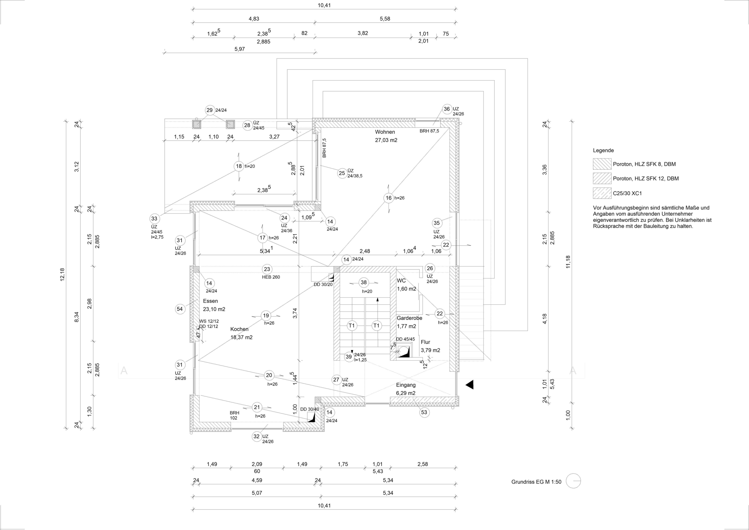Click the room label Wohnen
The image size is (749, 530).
pos(385,132)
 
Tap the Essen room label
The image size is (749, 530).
pos(210,301)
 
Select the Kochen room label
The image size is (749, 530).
pos(240,329)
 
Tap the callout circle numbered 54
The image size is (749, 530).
pos(180,309)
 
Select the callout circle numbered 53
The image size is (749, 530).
pos(424,412)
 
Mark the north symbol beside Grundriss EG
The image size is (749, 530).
pos(573,481)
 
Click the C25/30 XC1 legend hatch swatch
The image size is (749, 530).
pos(602,193)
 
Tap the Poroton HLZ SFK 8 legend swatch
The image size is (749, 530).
pos(602,164)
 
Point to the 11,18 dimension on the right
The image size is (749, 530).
pos(568,262)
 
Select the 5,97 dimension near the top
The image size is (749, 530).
pos(240,49)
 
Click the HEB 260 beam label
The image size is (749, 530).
pos(271,277)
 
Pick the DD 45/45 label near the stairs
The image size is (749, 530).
pos(405,339)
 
